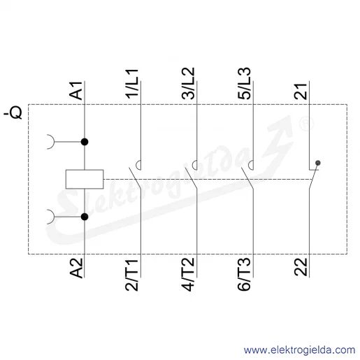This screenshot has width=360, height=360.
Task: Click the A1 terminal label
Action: [x=76, y=91]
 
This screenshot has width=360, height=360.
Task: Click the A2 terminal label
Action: [x=76, y=268]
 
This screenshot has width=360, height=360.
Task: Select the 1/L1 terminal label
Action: [x=132, y=83]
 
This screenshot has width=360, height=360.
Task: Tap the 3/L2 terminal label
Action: [x=188, y=83]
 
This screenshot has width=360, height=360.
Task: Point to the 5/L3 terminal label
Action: [x=245, y=83]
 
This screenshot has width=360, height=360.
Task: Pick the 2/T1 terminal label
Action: [x=132, y=274]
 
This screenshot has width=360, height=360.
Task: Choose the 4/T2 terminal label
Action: [x=188, y=274]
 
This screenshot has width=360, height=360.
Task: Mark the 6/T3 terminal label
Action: [x=245, y=274]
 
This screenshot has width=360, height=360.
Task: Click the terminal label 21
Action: [x=301, y=92]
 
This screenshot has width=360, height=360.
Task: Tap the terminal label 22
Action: [x=301, y=267]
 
